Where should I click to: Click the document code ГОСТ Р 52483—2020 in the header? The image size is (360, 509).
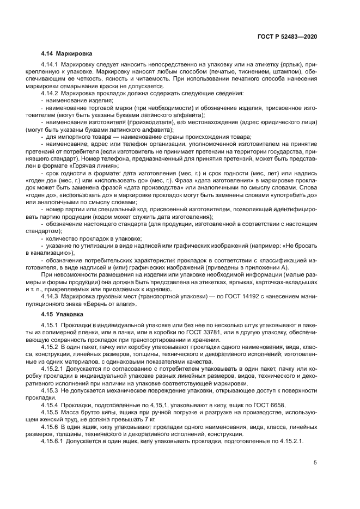pyautogui.click(x=287, y=36)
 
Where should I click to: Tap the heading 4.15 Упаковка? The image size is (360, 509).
pyautogui.click(x=62, y=314)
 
